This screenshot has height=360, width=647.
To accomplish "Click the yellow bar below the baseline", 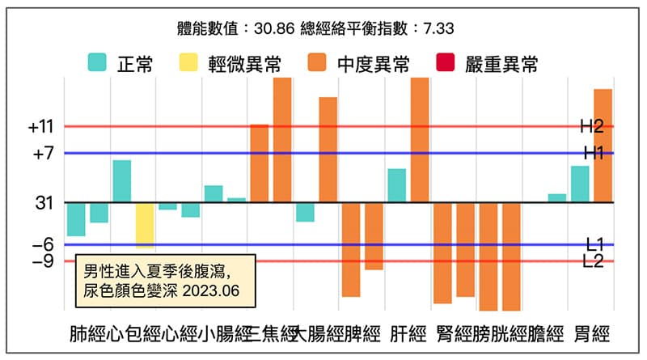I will [x=145, y=224].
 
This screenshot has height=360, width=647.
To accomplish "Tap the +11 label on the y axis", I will [x=40, y=127].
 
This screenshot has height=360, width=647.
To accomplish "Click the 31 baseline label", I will [x=44, y=203].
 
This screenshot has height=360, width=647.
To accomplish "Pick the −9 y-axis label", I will [x=43, y=261].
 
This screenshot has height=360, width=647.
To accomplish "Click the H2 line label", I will [x=593, y=126].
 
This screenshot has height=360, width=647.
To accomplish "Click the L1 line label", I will [x=594, y=244].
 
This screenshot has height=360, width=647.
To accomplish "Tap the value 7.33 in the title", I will [x=437, y=28].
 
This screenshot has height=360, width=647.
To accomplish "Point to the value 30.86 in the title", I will [x=271, y=28].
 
